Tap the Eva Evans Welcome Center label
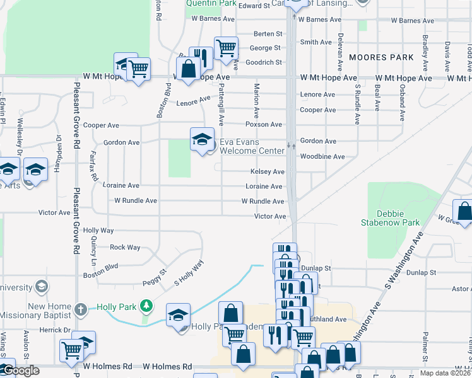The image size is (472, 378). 252,146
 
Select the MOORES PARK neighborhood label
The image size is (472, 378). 381,57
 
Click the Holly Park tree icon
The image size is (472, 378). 146,306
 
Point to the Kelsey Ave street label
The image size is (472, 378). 267,171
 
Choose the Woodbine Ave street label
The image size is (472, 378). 322,156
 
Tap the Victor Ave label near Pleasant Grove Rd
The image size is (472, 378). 54,213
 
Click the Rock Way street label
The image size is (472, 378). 125,248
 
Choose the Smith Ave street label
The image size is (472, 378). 316,42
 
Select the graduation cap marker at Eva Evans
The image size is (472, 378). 202,140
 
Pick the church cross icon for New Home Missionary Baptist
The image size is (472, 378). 80,309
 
